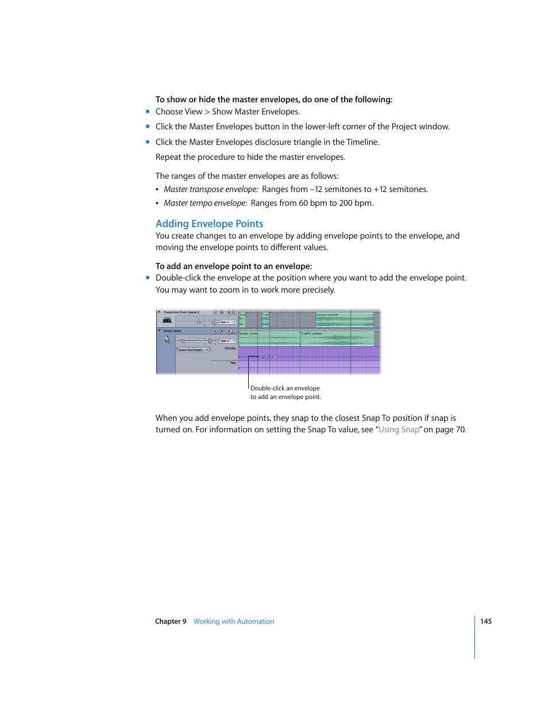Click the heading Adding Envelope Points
[209, 224]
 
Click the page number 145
[485, 621]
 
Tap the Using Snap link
[399, 429]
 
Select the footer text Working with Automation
[233, 621]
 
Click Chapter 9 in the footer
[171, 621]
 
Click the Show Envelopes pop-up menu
[193, 350]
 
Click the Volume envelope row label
[230, 348]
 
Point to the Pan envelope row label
[233, 363]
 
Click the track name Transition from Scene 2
[181, 312]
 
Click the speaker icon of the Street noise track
[167, 339]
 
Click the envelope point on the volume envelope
[258, 357]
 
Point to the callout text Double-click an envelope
[285, 388]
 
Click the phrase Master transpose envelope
[211, 189]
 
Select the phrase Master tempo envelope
[205, 203]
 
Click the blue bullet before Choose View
[148, 112]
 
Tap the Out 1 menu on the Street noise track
[227, 341]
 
